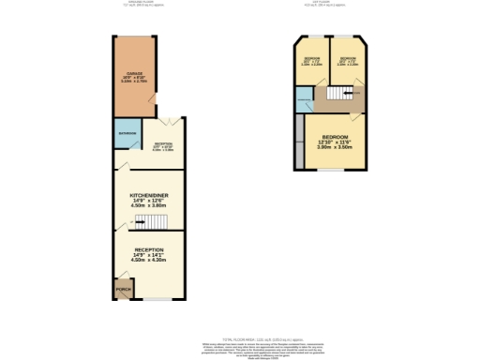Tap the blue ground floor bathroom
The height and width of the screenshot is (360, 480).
point(125,134)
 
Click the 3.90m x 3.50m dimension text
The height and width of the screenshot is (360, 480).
point(333,148)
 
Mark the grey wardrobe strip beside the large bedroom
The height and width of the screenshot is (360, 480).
point(300,141)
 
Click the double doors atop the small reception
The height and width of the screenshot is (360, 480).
point(166,120)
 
